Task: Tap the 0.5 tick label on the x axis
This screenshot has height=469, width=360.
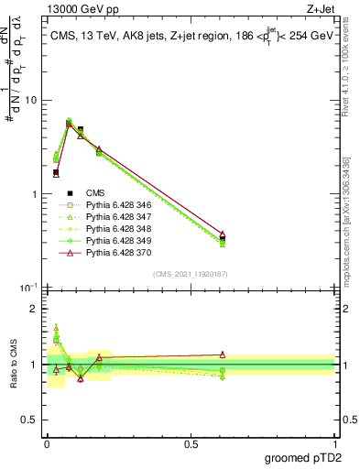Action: click(x=191, y=443)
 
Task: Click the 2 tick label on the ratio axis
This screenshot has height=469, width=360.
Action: click(x=34, y=309)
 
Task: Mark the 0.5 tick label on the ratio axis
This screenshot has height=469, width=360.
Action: click(x=30, y=420)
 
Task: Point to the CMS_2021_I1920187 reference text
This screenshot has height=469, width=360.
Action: click(x=191, y=274)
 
